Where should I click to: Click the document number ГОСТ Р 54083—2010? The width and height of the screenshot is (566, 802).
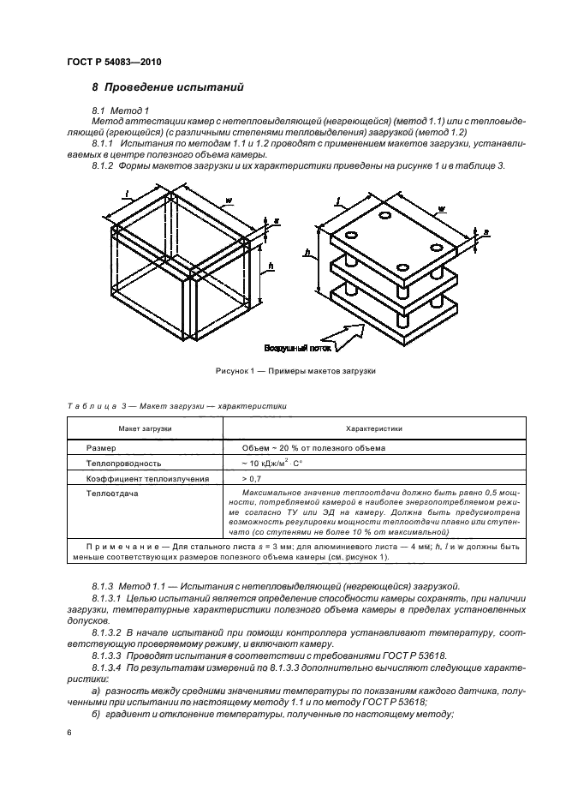click(113, 63)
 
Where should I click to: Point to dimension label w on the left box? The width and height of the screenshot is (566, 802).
click(229, 202)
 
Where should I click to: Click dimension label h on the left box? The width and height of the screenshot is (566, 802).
click(271, 266)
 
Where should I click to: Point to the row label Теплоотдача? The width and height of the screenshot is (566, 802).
click(112, 494)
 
